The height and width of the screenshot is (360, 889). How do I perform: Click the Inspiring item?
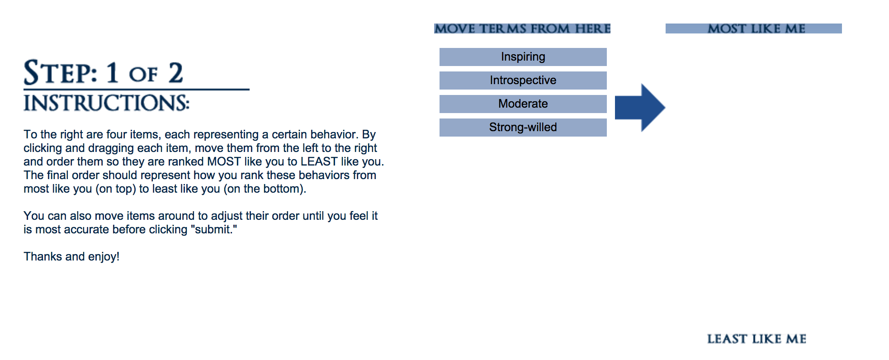coord(523,57)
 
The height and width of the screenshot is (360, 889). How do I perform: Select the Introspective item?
coord(523,81)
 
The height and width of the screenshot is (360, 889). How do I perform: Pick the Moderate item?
coord(523,104)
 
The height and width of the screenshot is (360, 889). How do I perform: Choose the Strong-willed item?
coord(523,128)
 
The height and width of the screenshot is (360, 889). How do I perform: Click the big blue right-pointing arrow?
coord(640,108)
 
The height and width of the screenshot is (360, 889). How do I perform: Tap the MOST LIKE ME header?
coord(754,28)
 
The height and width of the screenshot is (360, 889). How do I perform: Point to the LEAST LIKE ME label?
coord(757,339)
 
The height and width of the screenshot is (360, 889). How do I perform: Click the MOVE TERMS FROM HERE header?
coord(522,28)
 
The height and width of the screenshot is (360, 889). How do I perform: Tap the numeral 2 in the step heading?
coord(176,72)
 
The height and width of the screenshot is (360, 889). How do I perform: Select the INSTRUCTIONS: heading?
coord(106,103)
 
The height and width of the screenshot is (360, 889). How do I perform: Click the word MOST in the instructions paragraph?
coord(224,161)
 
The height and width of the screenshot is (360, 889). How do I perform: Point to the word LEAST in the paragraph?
coord(319,161)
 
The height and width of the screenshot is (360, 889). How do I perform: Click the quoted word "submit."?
coord(213,229)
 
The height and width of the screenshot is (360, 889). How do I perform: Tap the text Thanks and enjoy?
coord(71,256)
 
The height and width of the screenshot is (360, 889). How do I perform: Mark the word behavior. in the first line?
coord(335,134)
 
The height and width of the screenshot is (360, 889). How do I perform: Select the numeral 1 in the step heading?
coord(112,72)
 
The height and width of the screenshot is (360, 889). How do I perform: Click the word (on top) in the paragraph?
coord(116,189)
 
